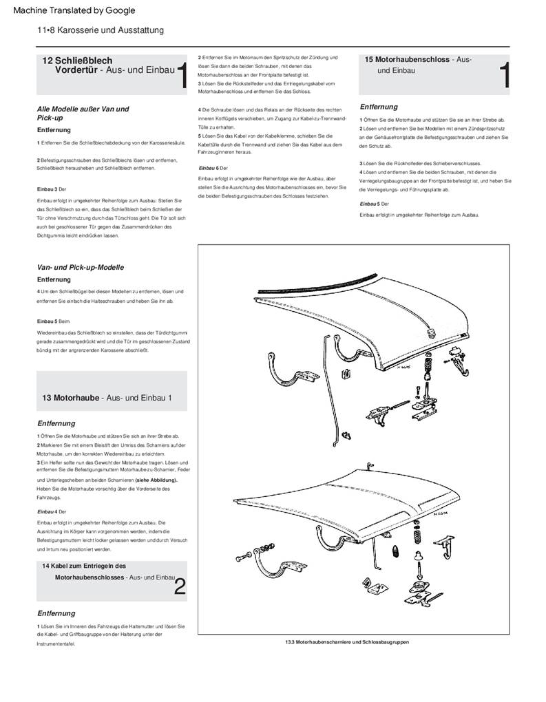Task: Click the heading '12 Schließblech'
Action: click(x=77, y=61)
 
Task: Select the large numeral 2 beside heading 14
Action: click(x=179, y=586)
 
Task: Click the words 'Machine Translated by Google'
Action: click(x=74, y=10)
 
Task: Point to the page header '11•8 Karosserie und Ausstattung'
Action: click(x=101, y=30)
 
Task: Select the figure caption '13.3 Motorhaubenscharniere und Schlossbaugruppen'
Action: click(x=347, y=642)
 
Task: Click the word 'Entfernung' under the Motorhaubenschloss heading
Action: click(x=379, y=107)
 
